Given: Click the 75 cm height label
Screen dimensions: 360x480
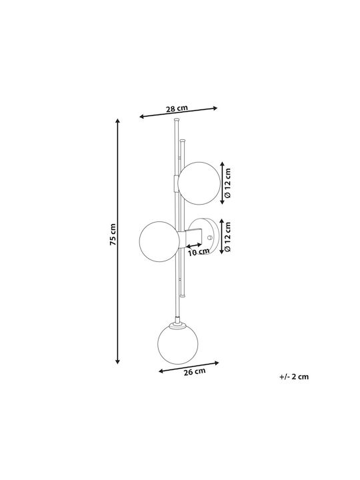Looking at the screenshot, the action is point(113,235).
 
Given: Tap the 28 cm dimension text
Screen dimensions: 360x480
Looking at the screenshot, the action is point(177,109).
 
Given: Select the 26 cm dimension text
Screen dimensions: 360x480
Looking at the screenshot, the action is point(195,371).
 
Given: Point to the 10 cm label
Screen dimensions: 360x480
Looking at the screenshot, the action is point(199,252).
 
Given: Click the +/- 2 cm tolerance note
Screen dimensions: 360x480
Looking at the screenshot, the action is point(294,377).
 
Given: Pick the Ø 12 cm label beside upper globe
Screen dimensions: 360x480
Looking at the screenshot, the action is point(227,183).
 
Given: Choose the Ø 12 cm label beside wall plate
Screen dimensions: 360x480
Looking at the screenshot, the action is point(227,237).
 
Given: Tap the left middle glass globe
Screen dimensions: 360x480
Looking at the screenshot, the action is point(159,241).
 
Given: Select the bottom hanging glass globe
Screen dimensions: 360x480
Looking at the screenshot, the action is point(177,344).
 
